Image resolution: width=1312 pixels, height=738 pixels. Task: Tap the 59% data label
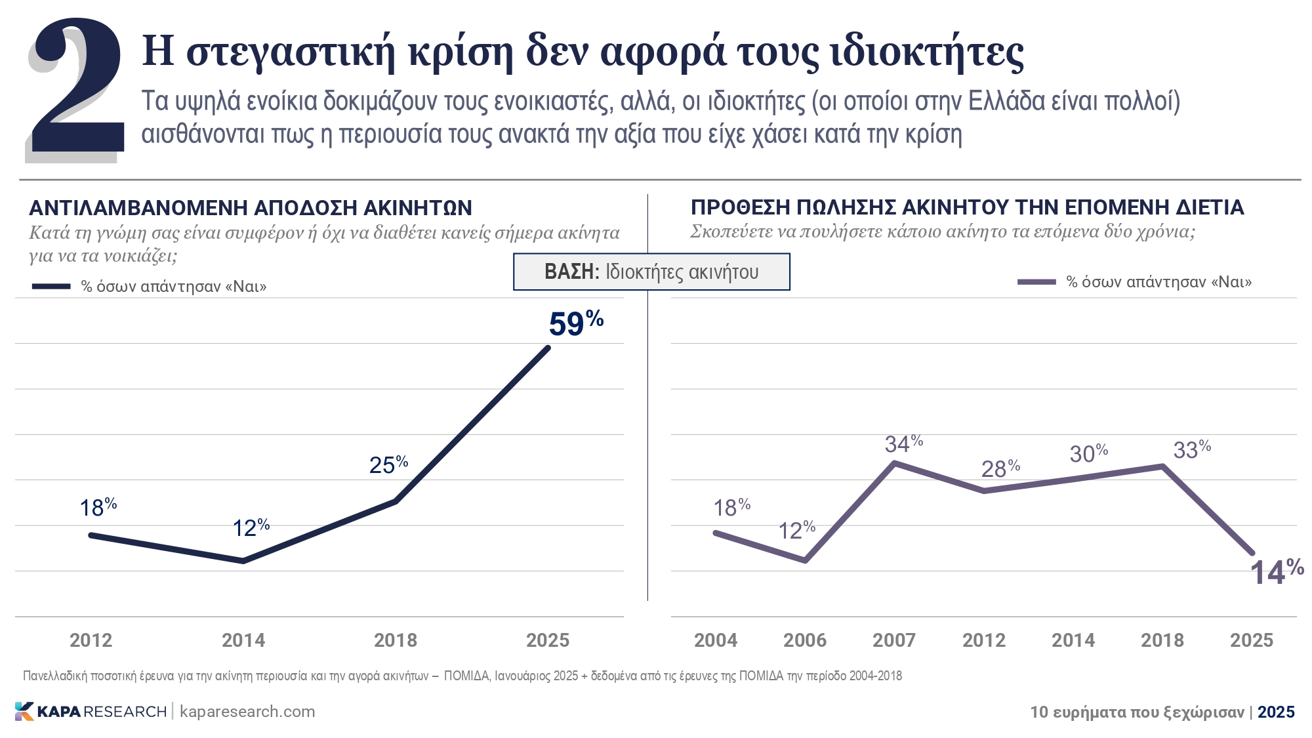[x=575, y=323]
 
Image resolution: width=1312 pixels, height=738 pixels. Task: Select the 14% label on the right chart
[x=1276, y=572]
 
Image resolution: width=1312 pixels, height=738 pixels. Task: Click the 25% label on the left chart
[x=388, y=464]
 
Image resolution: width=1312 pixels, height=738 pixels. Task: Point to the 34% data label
[x=903, y=444]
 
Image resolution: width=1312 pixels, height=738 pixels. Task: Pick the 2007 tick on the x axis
[x=893, y=640]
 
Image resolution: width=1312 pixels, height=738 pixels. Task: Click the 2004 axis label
[x=715, y=640]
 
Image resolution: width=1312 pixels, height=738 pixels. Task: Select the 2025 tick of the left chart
[x=547, y=640]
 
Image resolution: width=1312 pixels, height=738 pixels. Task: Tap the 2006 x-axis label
[x=804, y=640]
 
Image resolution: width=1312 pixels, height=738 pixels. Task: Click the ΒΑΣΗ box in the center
[x=651, y=272]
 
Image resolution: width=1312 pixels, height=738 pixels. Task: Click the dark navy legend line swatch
[x=51, y=287]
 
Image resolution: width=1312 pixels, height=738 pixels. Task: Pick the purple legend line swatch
[x=1036, y=282]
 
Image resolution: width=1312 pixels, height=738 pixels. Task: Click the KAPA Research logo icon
[x=24, y=712]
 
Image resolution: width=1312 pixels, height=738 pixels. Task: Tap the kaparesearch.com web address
[x=247, y=712]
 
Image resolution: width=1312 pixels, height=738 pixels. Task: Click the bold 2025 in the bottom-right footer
[x=1276, y=712]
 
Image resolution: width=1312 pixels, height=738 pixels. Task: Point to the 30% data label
[x=1088, y=453]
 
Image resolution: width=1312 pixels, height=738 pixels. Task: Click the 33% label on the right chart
[x=1191, y=450]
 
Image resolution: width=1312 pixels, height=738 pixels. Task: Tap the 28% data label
[x=1000, y=468]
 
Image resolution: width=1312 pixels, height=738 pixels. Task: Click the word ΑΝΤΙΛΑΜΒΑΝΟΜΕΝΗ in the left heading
[x=138, y=208]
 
